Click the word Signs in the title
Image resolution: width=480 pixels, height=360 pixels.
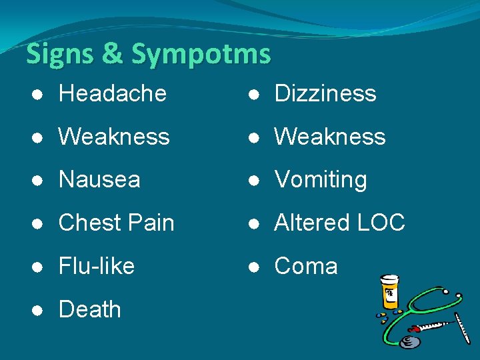(58, 54)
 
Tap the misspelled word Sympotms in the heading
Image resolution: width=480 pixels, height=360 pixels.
(201, 54)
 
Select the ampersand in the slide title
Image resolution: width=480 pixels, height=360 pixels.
(112, 54)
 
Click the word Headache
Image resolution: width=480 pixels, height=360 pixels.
(112, 93)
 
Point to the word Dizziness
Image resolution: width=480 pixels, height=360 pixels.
(325, 93)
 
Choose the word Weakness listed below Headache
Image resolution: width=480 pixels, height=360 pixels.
(114, 137)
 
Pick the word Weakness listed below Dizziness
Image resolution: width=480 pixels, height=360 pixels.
(330, 137)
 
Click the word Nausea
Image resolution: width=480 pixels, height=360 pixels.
(99, 179)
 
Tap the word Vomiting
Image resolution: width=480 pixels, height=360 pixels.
(321, 179)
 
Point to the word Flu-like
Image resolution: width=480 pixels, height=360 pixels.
(97, 266)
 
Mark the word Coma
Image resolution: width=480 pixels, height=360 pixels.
(306, 266)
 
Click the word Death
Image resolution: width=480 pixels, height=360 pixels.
(90, 309)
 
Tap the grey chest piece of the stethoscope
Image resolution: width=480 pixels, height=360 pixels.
(411, 342)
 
